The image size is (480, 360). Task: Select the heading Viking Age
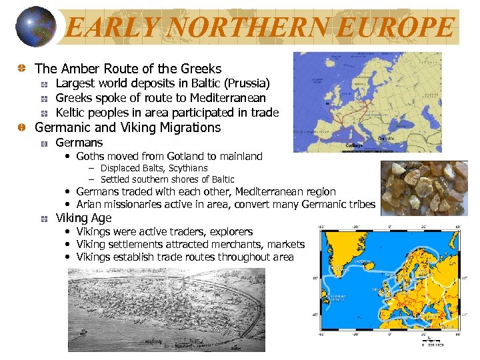(83, 218)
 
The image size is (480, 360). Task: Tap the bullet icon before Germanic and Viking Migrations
(22, 127)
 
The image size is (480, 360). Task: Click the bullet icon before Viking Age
(43, 218)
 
